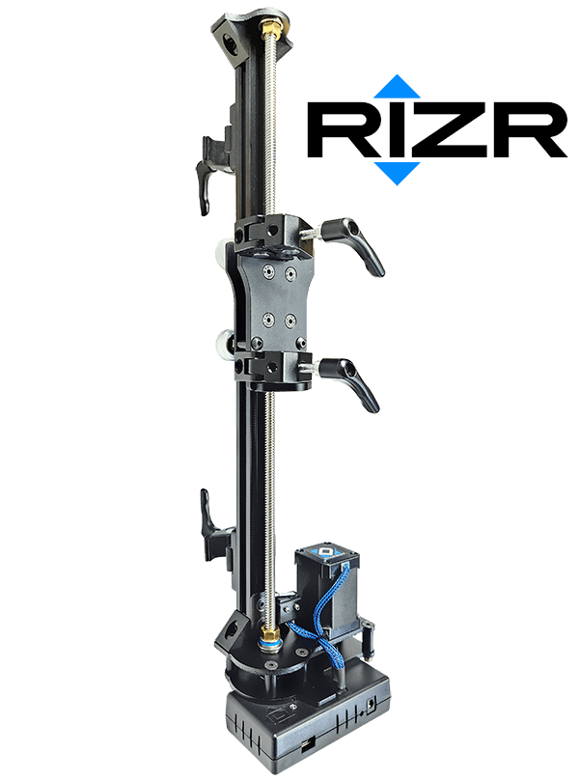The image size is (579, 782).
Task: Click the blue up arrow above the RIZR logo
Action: (397, 87)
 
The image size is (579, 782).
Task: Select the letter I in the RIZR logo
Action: (388, 130)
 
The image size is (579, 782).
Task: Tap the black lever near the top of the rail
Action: (208, 170)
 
